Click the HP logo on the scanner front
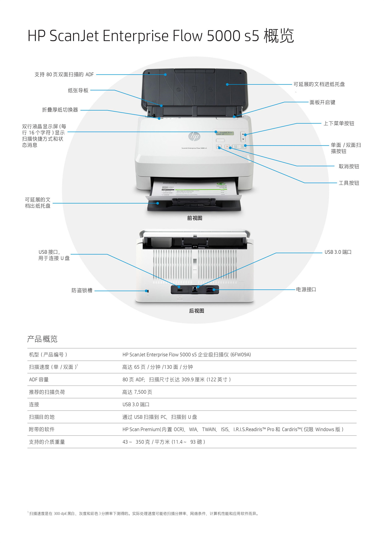(x=194, y=136)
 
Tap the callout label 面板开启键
(x=322, y=102)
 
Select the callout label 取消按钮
(x=349, y=166)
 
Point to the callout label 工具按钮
(x=349, y=183)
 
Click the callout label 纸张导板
(x=78, y=90)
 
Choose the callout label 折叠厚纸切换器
(x=60, y=110)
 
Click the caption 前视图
(x=195, y=218)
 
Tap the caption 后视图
(x=197, y=311)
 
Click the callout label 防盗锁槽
(x=82, y=290)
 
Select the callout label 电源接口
(x=306, y=289)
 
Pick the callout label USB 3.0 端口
(x=338, y=252)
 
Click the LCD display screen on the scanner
(x=225, y=133)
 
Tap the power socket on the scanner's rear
(x=210, y=290)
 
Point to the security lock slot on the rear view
(x=148, y=291)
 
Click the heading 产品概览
(x=42, y=339)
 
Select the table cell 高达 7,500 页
(x=137, y=392)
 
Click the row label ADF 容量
(x=39, y=379)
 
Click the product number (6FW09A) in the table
(x=241, y=355)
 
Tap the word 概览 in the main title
(x=279, y=36)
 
